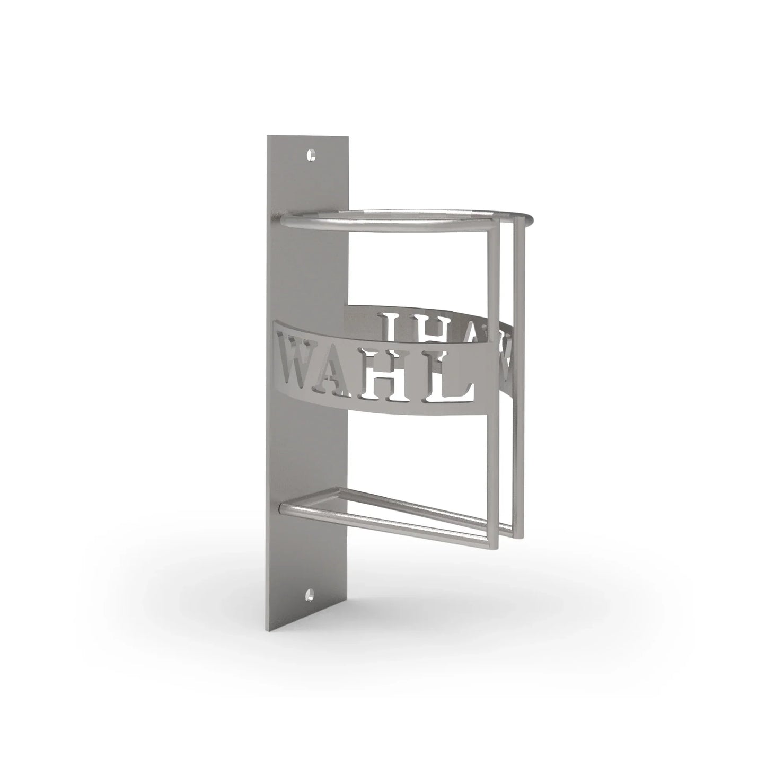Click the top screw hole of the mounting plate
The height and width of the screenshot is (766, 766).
click(x=312, y=155)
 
